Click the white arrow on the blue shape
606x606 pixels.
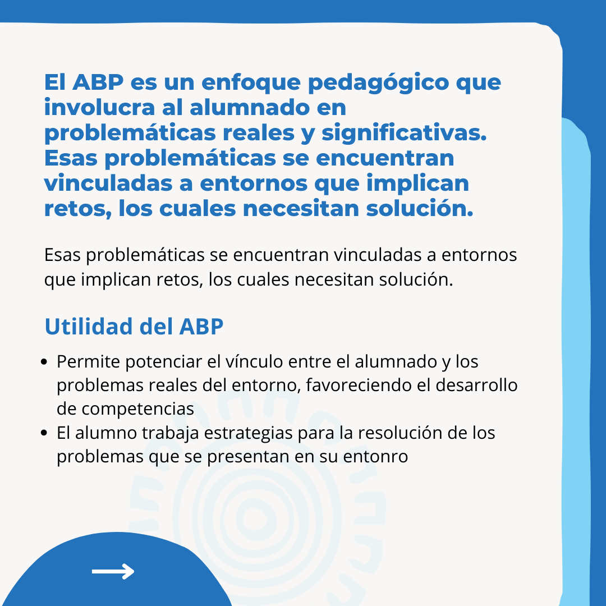point(113,571)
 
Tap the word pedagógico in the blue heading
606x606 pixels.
point(378,83)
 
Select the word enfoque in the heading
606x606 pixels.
point(251,83)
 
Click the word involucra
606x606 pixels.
point(100,107)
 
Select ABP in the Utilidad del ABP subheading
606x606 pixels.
point(201,327)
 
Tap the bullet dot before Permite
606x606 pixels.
point(44,362)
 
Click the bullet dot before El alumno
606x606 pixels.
point(44,433)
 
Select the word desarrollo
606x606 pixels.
point(476,385)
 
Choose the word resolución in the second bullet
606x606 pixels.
point(400,433)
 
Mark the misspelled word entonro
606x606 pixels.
point(375,457)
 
